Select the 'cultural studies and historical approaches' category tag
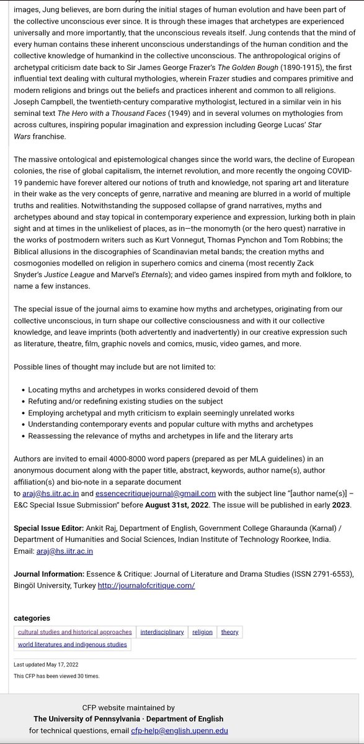(x=74, y=632)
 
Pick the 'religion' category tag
(x=202, y=632)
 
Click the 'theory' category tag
(x=229, y=632)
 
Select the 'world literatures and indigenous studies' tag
(x=73, y=644)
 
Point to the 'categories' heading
(x=32, y=618)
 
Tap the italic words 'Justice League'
(x=70, y=275)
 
